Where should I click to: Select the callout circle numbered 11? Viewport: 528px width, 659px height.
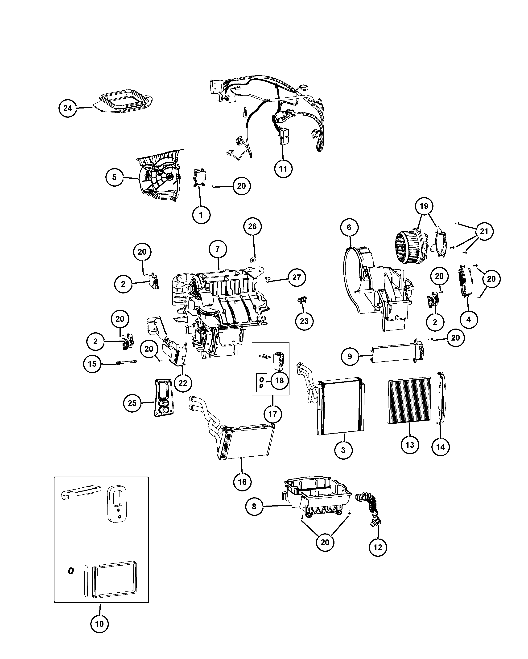[x=283, y=169]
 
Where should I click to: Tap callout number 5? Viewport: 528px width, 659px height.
[x=115, y=177]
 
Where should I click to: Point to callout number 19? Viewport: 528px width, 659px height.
[x=424, y=206]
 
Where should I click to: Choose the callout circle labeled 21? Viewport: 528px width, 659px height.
[x=484, y=231]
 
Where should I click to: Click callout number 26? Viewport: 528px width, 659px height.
[x=252, y=226]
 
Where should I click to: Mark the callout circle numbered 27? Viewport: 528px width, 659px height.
[x=297, y=277]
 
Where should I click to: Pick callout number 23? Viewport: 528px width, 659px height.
[x=304, y=321]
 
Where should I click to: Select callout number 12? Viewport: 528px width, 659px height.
[x=378, y=547]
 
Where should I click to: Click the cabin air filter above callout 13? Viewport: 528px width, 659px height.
[x=409, y=400]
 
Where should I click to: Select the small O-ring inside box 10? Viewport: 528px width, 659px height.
[x=71, y=571]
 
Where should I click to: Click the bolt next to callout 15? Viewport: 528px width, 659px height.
[x=126, y=362]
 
